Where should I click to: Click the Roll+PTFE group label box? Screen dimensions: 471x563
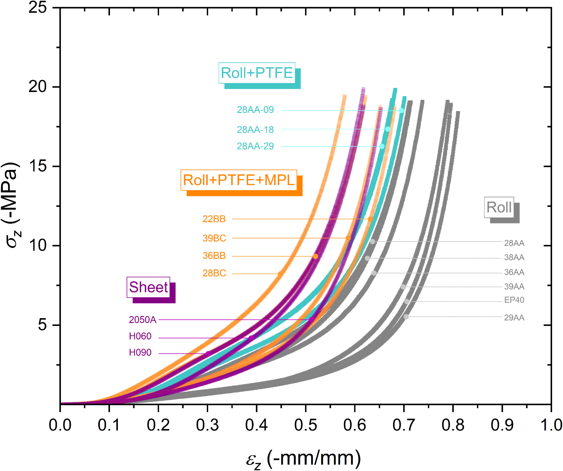pyautogui.click(x=257, y=73)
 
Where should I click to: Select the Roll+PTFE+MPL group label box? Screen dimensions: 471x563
pyautogui.click(x=239, y=180)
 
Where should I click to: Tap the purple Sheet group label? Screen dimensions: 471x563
pyautogui.click(x=149, y=287)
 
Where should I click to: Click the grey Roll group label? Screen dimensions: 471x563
pyautogui.click(x=499, y=207)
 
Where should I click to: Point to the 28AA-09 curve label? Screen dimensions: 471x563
pyautogui.click(x=255, y=110)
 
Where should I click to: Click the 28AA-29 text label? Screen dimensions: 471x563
pyautogui.click(x=255, y=146)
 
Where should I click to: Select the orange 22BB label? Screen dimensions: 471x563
pyautogui.click(x=214, y=219)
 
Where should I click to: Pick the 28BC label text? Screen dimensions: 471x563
pyautogui.click(x=214, y=273)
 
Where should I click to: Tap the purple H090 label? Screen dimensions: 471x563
pyautogui.click(x=140, y=353)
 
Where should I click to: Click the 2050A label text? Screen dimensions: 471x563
pyautogui.click(x=142, y=320)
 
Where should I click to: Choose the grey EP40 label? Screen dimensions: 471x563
pyautogui.click(x=514, y=300)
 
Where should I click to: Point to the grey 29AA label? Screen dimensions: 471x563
pyautogui.click(x=514, y=318)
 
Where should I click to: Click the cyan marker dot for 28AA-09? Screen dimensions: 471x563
pyautogui.click(x=401, y=110)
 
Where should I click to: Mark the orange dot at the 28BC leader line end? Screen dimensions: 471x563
pyautogui.click(x=280, y=274)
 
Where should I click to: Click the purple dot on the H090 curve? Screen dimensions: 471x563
pyautogui.click(x=208, y=353)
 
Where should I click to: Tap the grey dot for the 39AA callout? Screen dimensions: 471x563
pyautogui.click(x=403, y=287)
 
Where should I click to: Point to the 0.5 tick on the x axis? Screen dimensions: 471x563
pyautogui.click(x=306, y=425)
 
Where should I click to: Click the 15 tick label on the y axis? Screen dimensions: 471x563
pyautogui.click(x=38, y=166)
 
